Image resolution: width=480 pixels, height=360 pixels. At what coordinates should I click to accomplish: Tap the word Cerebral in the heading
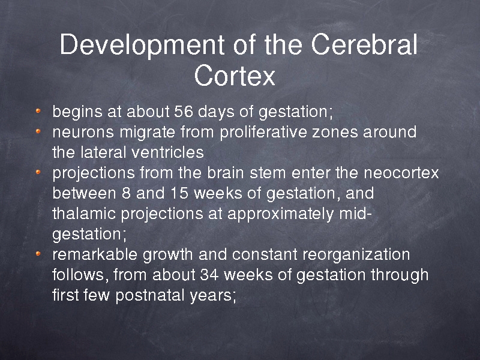point(364,44)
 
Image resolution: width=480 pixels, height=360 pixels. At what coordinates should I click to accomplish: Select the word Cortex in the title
point(235,75)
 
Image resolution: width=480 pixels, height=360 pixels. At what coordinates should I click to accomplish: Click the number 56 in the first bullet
point(184,112)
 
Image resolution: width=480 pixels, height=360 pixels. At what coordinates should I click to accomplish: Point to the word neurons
point(83,133)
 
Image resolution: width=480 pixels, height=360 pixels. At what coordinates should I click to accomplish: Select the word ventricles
point(167,152)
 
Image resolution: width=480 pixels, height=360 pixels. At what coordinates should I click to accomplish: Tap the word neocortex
point(401,173)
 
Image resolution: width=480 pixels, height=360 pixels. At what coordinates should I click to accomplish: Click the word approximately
point(280,214)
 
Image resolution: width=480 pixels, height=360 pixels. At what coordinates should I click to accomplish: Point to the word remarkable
point(95,254)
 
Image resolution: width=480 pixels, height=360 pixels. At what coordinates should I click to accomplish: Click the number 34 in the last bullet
point(209,275)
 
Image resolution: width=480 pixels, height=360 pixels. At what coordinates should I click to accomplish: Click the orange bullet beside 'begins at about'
point(38,111)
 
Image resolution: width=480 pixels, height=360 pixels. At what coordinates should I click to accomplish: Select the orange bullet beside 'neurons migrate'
point(38,131)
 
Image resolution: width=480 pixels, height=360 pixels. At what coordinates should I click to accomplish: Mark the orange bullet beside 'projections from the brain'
point(38,172)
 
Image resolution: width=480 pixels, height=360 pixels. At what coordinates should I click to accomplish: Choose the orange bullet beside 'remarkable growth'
point(38,253)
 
